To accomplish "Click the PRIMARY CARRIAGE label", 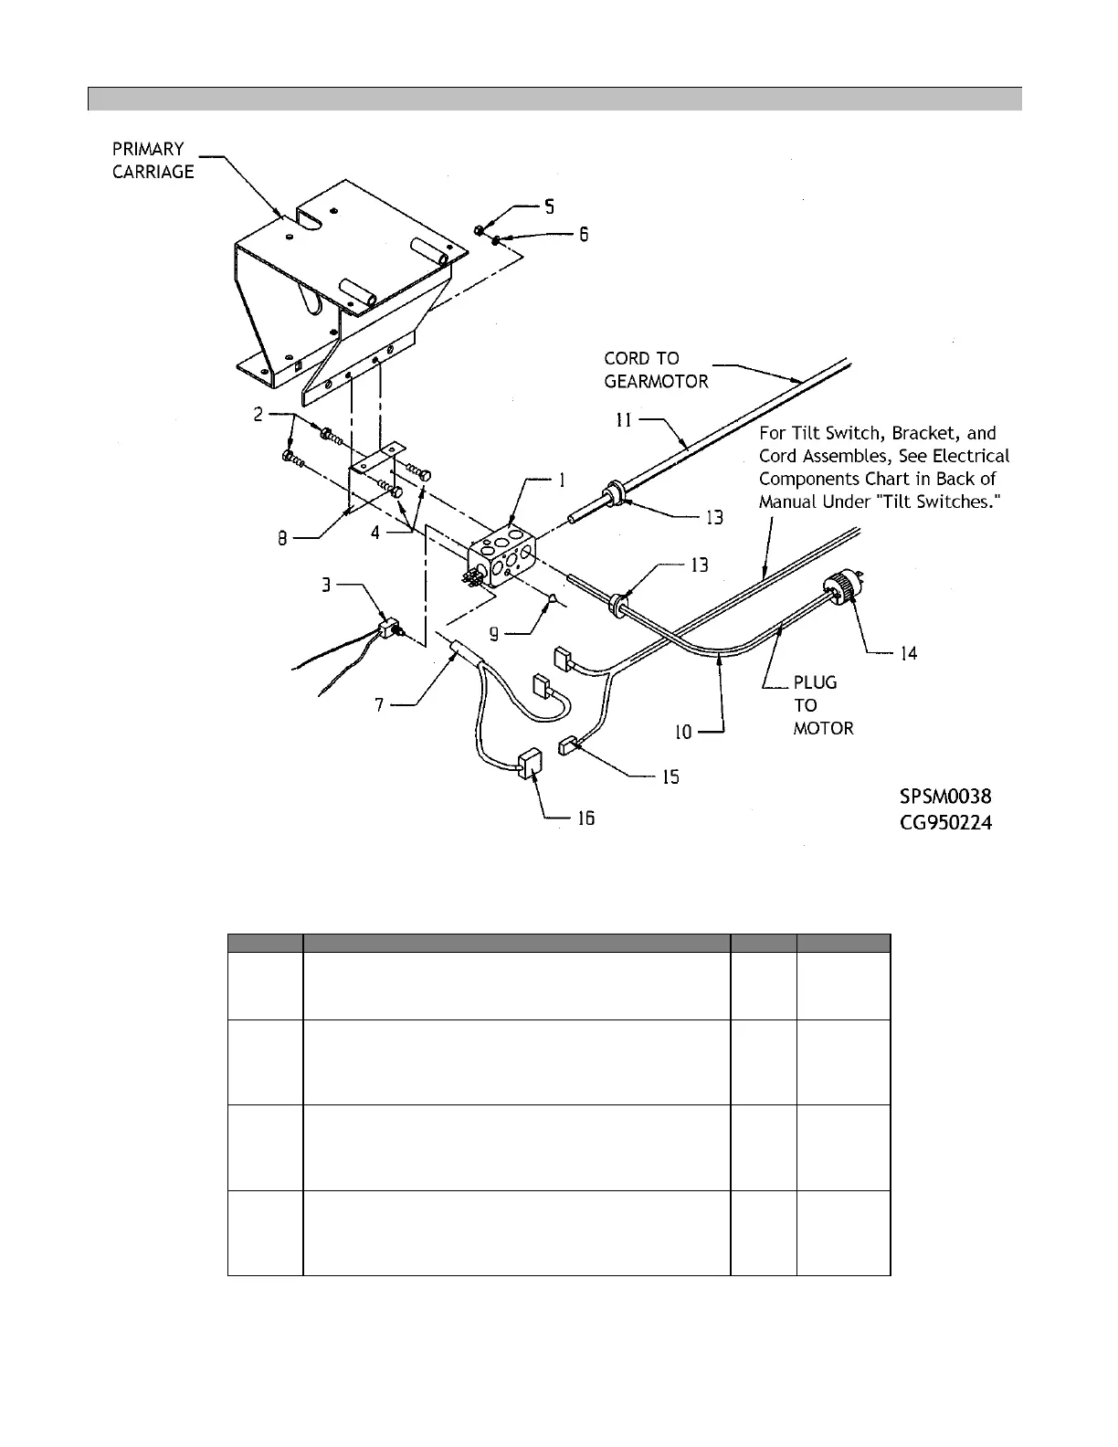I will pos(153,160).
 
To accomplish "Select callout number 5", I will pos(548,207).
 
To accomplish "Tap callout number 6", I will pos(581,235).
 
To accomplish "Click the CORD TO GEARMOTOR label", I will pos(656,370).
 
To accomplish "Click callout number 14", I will pos(908,653).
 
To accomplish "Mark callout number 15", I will pos(670,777).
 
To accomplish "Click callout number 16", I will pos(585,819).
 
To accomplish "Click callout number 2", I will pos(259,415).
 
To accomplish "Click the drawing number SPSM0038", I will pos(945,797).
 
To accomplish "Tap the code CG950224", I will pos(945,823).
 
